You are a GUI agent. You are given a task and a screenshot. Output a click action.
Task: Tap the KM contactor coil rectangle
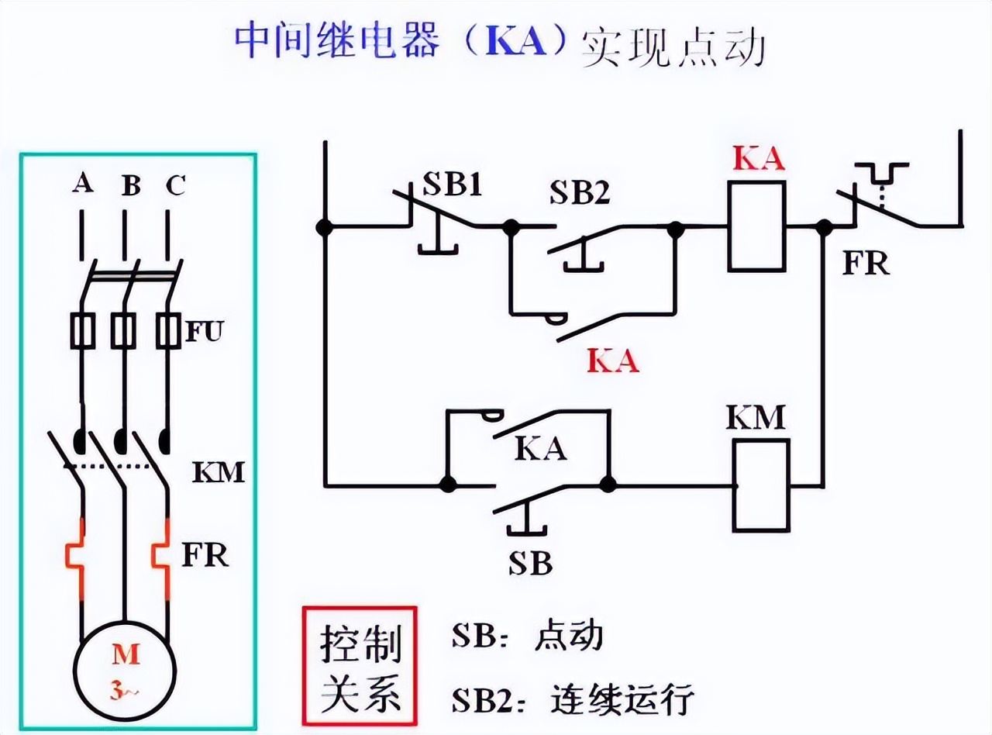tap(761, 485)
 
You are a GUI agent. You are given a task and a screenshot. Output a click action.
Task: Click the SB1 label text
tap(452, 186)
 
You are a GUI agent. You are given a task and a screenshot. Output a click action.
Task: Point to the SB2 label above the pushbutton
tap(580, 194)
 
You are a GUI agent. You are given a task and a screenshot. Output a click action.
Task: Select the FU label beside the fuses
tap(204, 333)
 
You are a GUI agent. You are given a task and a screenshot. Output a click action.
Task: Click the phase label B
tap(131, 186)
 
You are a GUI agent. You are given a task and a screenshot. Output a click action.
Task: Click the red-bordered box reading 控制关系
tap(360, 670)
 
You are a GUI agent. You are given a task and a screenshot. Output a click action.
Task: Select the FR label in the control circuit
tap(866, 264)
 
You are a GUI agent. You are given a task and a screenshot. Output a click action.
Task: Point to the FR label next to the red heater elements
tap(205, 554)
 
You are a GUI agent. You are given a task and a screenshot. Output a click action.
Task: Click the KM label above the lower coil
tap(756, 418)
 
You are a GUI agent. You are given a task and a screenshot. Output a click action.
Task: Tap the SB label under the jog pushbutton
tap(530, 564)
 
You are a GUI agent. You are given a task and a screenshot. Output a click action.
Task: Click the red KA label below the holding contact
tap(613, 361)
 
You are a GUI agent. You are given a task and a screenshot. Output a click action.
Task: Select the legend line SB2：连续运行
tap(572, 700)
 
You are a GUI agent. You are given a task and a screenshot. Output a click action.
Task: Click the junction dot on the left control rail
tap(325, 227)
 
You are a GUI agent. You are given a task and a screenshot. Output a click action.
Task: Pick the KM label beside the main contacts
tap(218, 471)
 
